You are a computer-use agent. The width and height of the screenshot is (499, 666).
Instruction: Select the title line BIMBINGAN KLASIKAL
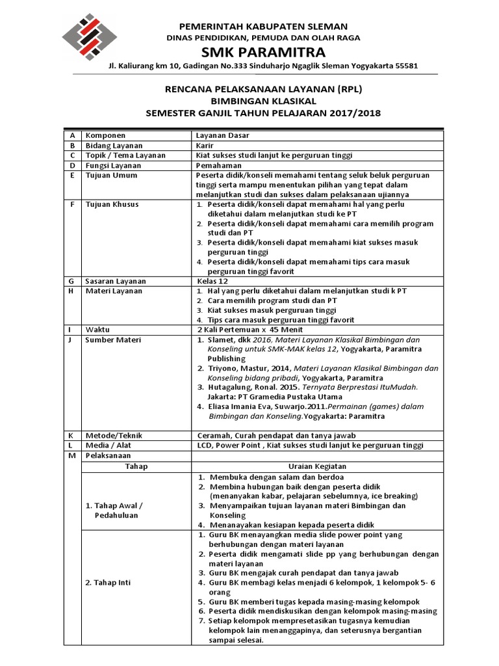[262, 101]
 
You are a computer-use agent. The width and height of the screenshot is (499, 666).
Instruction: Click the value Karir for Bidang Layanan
[205, 146]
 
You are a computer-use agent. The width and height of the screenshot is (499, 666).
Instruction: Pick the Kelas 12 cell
[212, 281]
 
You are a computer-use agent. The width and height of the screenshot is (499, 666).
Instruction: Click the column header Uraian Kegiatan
[318, 466]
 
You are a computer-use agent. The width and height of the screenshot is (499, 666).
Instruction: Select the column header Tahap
[136, 466]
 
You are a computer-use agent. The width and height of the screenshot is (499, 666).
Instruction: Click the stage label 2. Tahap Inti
[108, 582]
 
